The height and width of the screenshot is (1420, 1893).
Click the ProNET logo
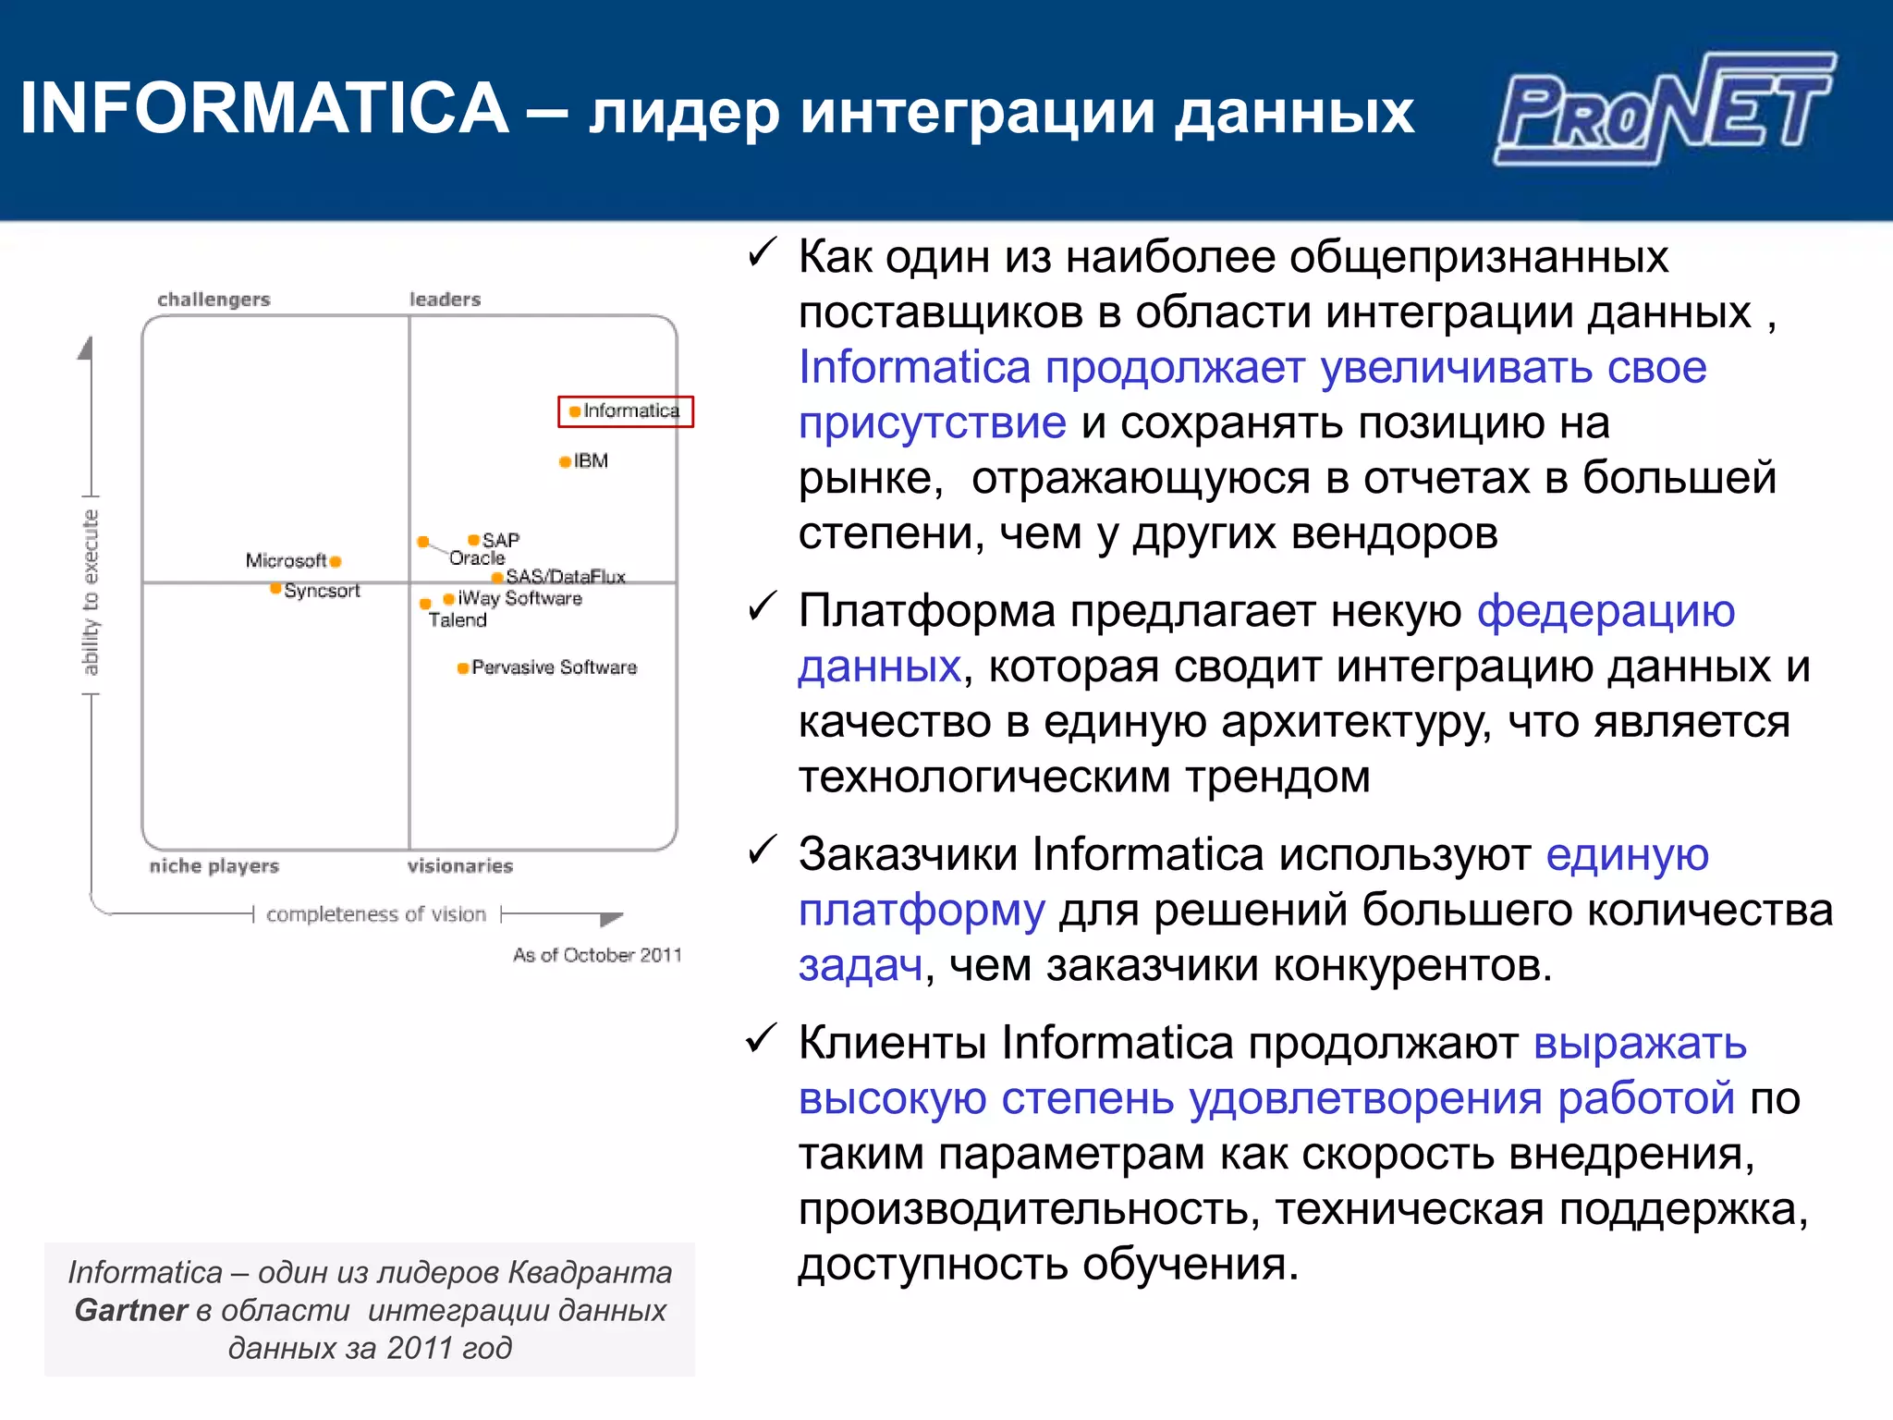point(1664,109)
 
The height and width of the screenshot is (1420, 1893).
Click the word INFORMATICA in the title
point(264,108)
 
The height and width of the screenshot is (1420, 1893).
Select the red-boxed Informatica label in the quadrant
point(626,411)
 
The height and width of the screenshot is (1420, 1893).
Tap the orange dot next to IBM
point(565,461)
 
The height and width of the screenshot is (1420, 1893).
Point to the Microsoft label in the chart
point(286,560)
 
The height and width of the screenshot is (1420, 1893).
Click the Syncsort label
point(322,591)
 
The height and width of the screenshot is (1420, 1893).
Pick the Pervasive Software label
point(554,667)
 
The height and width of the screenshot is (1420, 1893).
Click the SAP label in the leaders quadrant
point(500,540)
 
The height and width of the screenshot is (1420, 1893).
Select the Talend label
point(457,620)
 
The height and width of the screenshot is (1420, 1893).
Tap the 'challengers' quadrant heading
point(214,300)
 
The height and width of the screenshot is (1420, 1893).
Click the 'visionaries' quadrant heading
point(459,866)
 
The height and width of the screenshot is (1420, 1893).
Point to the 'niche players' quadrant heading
point(214,866)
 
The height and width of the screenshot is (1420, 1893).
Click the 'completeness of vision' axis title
point(375,914)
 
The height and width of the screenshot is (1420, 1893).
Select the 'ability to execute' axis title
point(90,592)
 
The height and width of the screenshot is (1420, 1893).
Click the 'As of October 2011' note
point(597,955)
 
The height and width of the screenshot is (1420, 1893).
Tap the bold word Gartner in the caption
point(130,1310)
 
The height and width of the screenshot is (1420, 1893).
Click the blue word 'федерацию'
point(1606,612)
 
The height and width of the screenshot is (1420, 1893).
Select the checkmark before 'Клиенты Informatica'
point(762,1039)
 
